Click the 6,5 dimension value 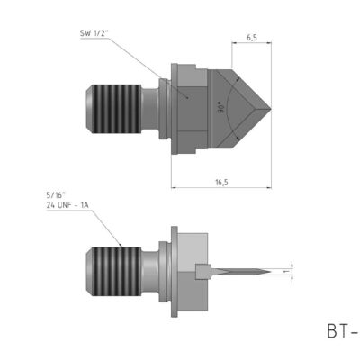pyautogui.click(x=251, y=39)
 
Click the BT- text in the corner pyautogui.click(x=342, y=331)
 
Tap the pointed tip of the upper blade pyautogui.click(x=271, y=106)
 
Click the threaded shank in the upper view pyautogui.click(x=117, y=107)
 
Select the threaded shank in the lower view pyautogui.click(x=117, y=270)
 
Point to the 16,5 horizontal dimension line pyautogui.click(x=220, y=188)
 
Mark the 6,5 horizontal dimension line pyautogui.click(x=251, y=46)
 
